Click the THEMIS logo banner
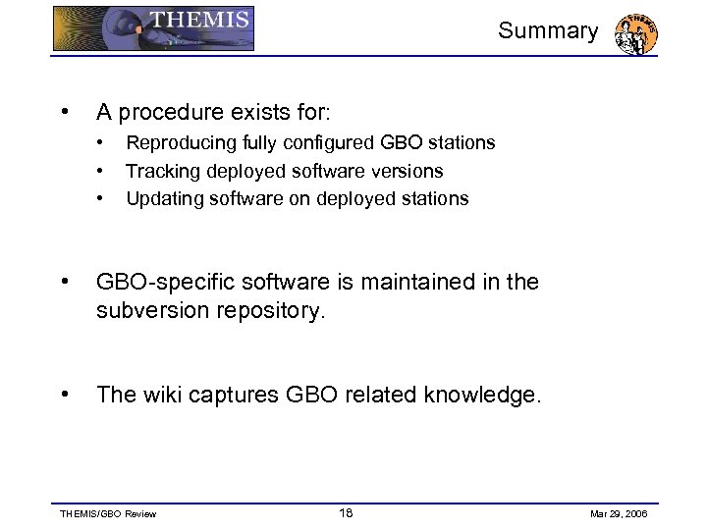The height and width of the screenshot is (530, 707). point(153,28)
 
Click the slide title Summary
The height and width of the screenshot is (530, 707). point(547,30)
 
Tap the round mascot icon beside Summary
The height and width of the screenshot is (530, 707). point(635,34)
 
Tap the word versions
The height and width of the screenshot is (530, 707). point(406,171)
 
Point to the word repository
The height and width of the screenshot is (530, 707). point(268,312)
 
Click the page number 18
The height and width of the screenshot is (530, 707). point(346,513)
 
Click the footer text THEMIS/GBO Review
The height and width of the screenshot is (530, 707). point(108,514)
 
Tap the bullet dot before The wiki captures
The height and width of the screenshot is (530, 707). point(64,395)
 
